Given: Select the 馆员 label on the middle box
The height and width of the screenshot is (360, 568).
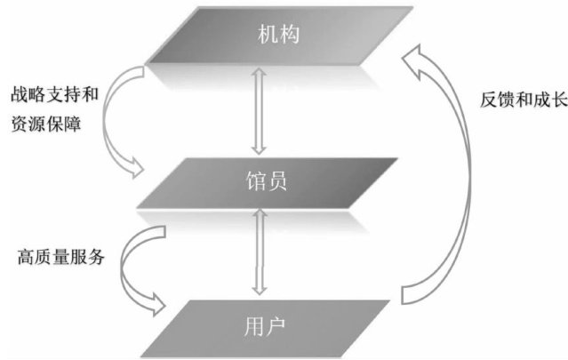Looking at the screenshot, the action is click(x=266, y=184).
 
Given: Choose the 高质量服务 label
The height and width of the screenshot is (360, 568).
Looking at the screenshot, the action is click(x=60, y=259).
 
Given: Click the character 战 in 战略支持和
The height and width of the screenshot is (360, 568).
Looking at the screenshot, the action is click(x=18, y=92).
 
